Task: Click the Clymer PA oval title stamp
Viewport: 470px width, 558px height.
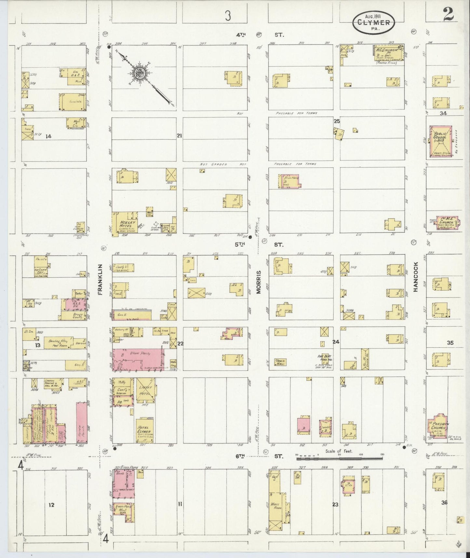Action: pyautogui.click(x=374, y=22)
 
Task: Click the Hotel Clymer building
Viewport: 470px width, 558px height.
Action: pyautogui.click(x=144, y=430)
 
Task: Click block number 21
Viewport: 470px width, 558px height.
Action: pyautogui.click(x=179, y=135)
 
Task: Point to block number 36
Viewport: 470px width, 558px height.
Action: pyautogui.click(x=444, y=502)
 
